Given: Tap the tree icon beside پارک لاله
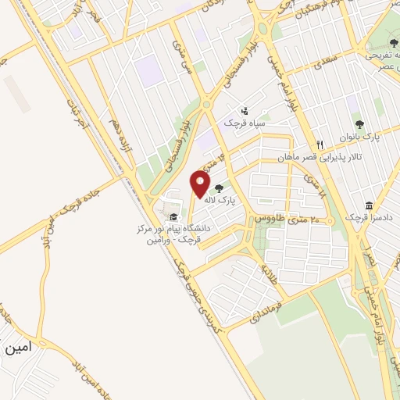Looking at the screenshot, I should [217, 187].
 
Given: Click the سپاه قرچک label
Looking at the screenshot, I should [245, 123].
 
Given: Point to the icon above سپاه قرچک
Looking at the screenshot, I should [245, 111].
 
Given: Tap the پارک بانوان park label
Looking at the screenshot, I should [359, 136].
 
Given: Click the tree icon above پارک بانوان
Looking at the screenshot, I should [359, 123].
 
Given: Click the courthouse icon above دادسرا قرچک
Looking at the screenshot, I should [368, 205].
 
